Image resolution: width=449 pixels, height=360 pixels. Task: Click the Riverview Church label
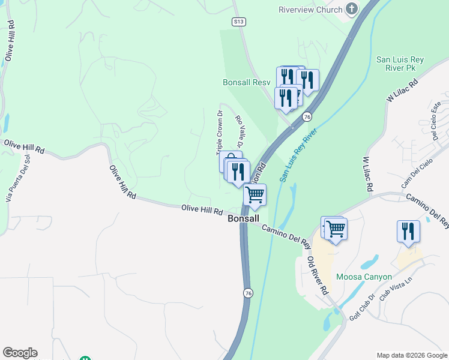(310, 10)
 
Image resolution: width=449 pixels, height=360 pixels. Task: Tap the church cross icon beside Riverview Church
(352, 9)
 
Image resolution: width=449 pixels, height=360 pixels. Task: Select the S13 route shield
(240, 22)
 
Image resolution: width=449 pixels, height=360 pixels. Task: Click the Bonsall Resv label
(247, 82)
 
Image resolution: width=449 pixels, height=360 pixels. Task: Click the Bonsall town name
(243, 220)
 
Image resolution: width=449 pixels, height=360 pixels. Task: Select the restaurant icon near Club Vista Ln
(408, 231)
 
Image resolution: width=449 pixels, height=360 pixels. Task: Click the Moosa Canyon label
(364, 277)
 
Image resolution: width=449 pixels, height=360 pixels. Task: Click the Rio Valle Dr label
(239, 133)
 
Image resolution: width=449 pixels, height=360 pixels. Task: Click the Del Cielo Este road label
(436, 120)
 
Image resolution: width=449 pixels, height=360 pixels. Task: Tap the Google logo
(20, 353)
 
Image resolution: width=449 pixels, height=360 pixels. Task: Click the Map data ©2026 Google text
(412, 355)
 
